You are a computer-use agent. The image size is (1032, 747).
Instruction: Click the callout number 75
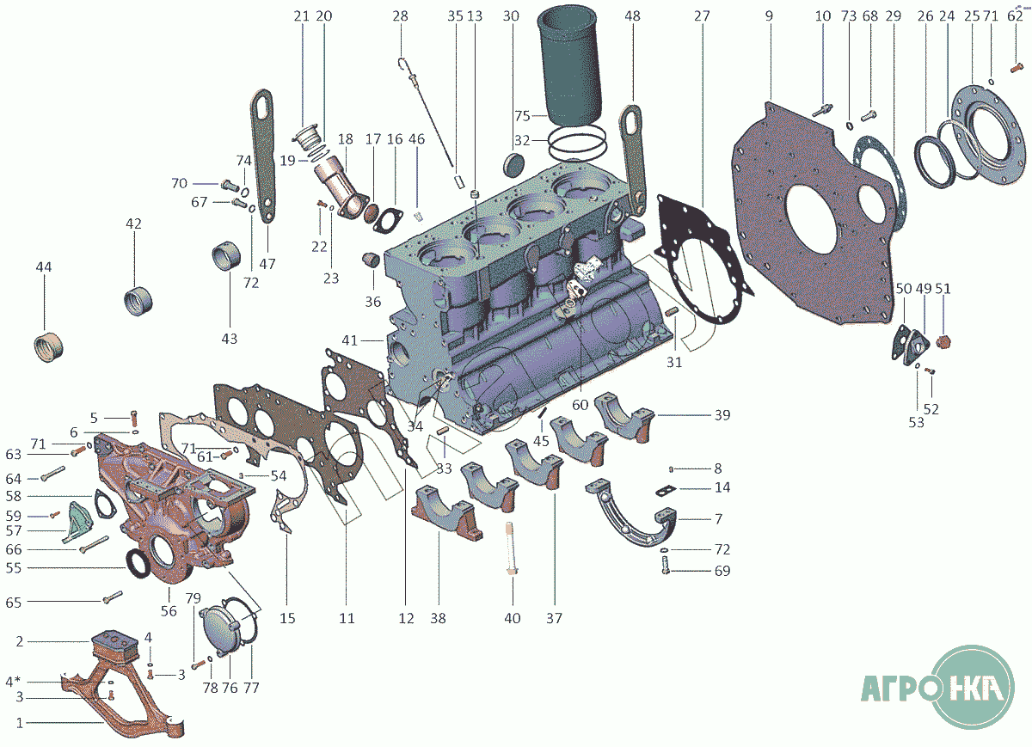(522, 115)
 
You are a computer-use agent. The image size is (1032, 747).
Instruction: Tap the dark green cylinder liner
(570, 64)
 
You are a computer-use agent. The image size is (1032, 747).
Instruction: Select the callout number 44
(44, 266)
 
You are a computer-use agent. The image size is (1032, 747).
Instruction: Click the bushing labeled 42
(138, 301)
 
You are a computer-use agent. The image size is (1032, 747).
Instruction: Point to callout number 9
(769, 16)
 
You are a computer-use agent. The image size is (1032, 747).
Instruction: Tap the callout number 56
(169, 611)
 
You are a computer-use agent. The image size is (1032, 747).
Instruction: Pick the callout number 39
(722, 415)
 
